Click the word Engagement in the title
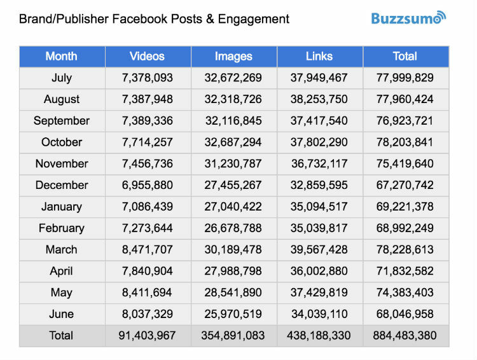point(253,18)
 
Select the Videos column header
point(148,57)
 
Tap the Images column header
point(233,57)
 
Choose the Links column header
point(319,57)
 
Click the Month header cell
point(62,57)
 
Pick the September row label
point(62,121)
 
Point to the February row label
point(62,228)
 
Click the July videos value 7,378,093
point(148,78)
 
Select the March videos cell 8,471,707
point(148,250)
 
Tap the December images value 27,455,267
point(233,185)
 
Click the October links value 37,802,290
point(319,142)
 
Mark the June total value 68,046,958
point(405,314)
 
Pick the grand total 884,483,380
point(405,336)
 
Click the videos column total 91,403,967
point(148,336)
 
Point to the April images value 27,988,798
point(233,272)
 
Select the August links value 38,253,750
point(319,99)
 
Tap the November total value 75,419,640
point(405,164)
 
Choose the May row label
point(62,293)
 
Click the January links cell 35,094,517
point(319,207)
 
